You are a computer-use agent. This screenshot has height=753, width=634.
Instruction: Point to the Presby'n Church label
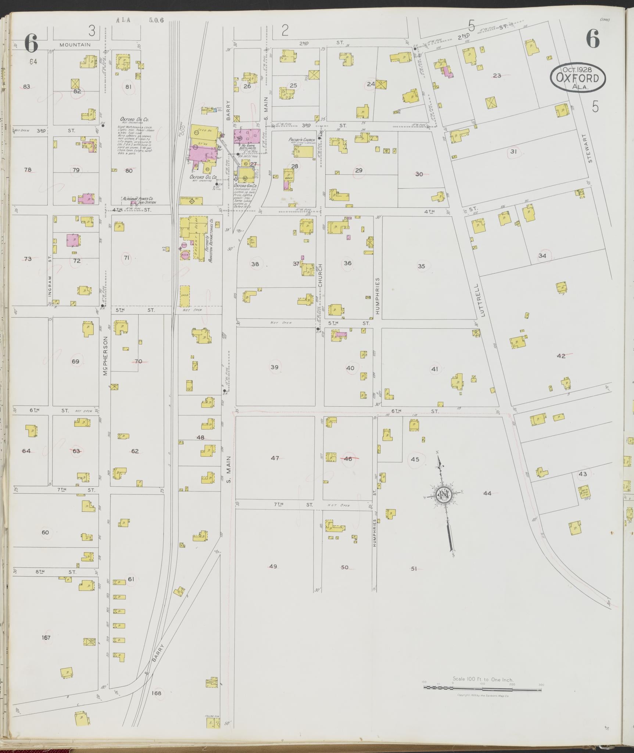[x=302, y=140]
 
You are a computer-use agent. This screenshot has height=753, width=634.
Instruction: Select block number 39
[x=274, y=367]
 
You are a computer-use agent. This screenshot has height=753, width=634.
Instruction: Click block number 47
[x=275, y=458]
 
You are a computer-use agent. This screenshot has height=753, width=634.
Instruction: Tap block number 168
[x=156, y=693]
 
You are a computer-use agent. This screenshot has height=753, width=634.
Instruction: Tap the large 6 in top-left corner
[x=31, y=43]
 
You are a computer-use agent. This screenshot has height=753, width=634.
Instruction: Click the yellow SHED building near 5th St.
[x=185, y=295]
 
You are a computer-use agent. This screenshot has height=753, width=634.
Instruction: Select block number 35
[x=421, y=266]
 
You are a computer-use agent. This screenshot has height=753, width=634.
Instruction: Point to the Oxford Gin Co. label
[x=245, y=186]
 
